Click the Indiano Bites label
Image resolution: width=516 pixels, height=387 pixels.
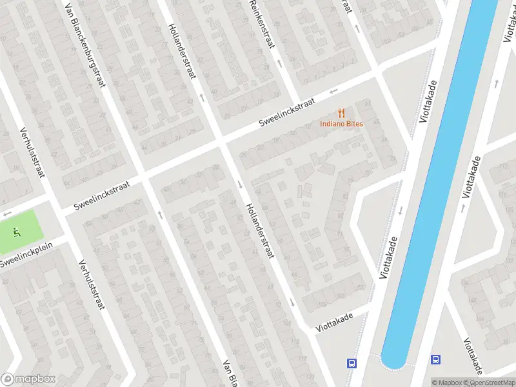click(342, 124)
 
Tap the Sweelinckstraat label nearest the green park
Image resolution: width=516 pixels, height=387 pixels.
click(102, 195)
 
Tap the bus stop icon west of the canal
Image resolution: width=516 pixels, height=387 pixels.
click(352, 363)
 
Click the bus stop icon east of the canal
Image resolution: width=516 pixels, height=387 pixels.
click(436, 360)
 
